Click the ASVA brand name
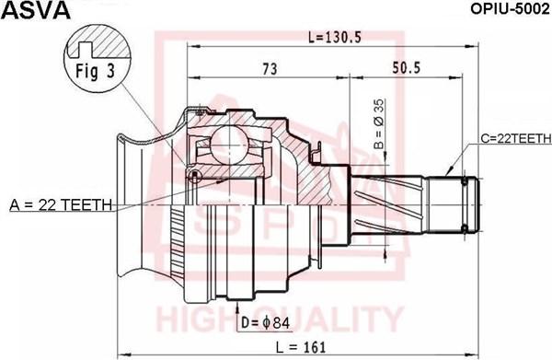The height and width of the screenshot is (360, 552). click(x=29, y=10)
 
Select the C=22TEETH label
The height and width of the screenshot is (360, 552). click(x=516, y=138)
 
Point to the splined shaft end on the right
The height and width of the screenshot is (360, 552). click(x=460, y=205)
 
